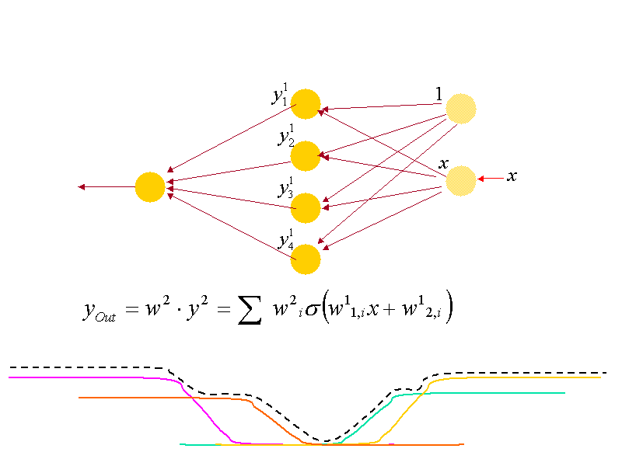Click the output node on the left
(150, 187)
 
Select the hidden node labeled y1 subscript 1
(306, 104)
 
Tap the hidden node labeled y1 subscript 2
(306, 156)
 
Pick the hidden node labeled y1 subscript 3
(306, 208)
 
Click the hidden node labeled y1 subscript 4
(306, 259)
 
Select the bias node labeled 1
(460, 109)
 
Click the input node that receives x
(460, 181)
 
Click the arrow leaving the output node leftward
(106, 187)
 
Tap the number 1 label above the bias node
(439, 94)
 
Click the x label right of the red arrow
(512, 176)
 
